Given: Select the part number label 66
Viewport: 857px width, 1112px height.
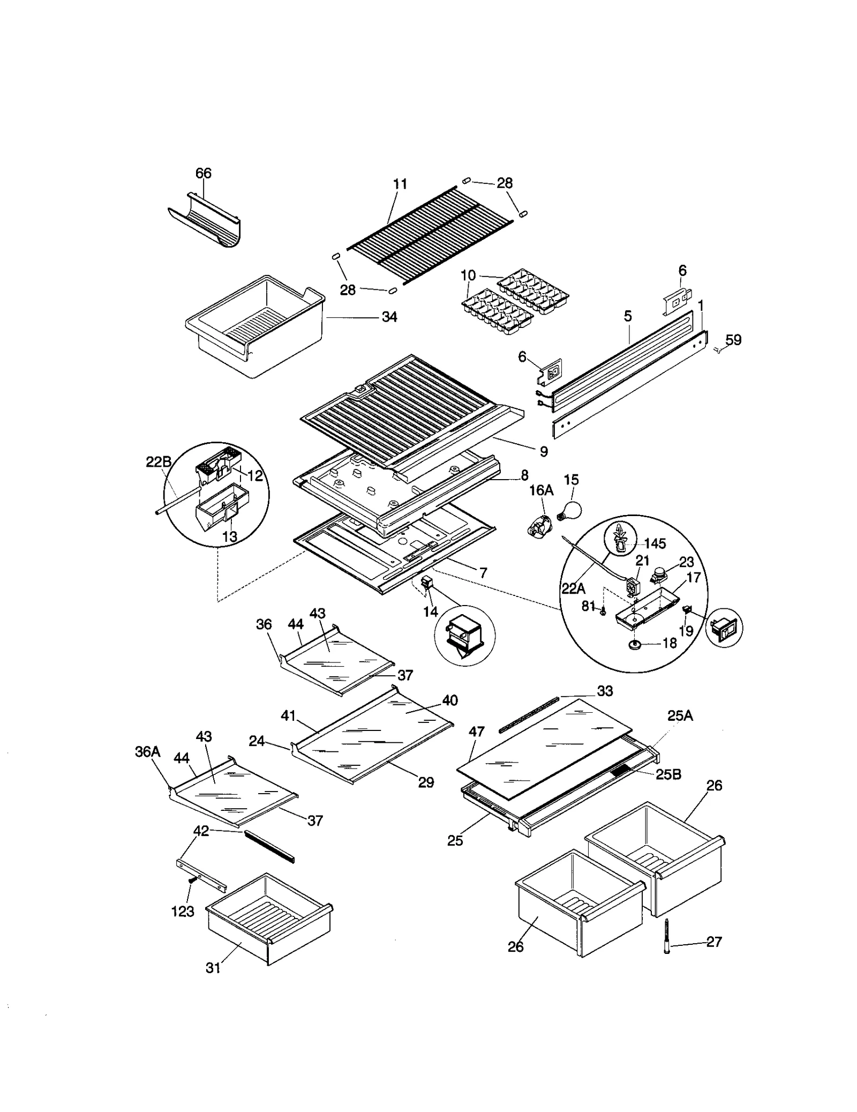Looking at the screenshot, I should point(204,173).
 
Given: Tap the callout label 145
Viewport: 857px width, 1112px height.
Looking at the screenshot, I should point(655,543).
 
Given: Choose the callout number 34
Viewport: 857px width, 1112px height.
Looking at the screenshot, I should point(389,317).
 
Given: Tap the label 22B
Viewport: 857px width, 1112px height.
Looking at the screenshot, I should point(159,461).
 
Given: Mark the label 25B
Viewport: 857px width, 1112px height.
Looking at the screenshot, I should point(668,774).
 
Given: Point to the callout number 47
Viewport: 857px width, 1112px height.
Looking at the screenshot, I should point(476,732).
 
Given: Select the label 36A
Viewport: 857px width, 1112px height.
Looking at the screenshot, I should point(147,752).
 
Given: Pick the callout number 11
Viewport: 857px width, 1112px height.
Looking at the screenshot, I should point(400,184).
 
